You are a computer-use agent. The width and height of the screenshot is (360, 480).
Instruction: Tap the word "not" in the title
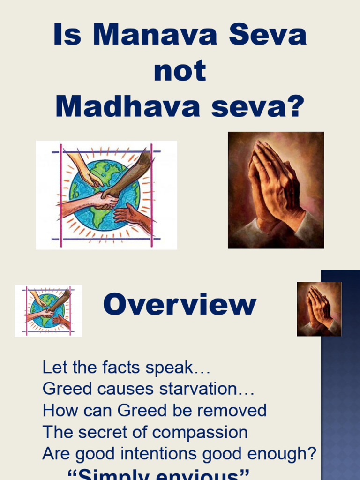pyautogui.click(x=180, y=71)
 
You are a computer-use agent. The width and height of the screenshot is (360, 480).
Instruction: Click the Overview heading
pyautogui.click(x=180, y=305)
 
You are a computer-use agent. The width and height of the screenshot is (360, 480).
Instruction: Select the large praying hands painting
pyautogui.click(x=276, y=190)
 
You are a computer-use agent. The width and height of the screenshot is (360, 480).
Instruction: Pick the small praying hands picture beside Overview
pyautogui.click(x=319, y=309)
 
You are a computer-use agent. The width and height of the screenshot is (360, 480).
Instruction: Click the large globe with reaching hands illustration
pyautogui.click(x=106, y=195)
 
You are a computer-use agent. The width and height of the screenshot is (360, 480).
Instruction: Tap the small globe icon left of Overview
pyautogui.click(x=48, y=310)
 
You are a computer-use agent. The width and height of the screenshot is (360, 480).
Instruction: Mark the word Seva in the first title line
pyautogui.click(x=266, y=35)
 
